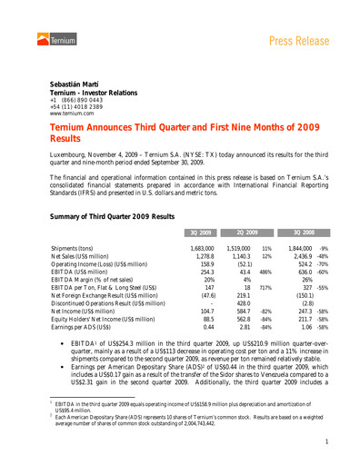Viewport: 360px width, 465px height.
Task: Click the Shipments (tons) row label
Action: (x=79, y=248)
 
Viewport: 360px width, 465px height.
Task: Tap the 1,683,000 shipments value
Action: (x=202, y=248)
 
